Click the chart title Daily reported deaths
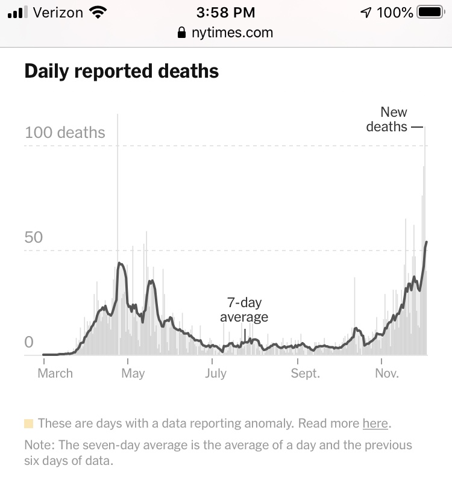click(x=121, y=72)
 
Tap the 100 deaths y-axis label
click(x=65, y=132)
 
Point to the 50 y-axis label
click(x=34, y=237)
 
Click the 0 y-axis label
click(x=29, y=342)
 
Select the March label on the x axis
click(x=55, y=373)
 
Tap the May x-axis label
click(x=133, y=373)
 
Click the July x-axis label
click(x=216, y=373)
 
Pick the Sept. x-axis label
click(x=305, y=373)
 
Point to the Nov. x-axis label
click(x=387, y=373)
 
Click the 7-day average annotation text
click(x=244, y=310)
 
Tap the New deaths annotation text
click(x=388, y=119)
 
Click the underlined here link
click(x=375, y=423)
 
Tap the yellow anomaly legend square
click(x=29, y=423)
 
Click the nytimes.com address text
click(x=232, y=33)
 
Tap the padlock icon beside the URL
click(x=182, y=33)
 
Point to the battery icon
click(x=430, y=12)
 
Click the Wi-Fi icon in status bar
click(x=96, y=12)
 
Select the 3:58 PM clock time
click(x=226, y=12)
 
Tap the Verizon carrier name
click(x=58, y=12)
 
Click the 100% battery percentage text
click(x=395, y=12)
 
